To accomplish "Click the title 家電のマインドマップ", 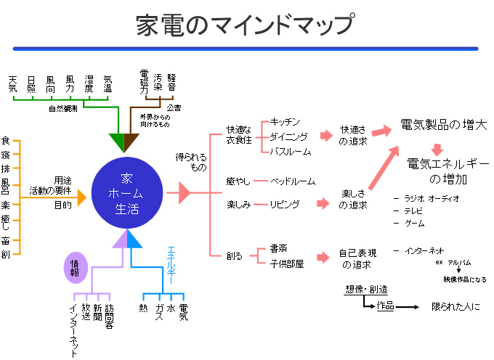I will (x=246, y=26).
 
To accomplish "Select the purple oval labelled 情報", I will (x=76, y=269).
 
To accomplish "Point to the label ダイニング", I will (x=288, y=136).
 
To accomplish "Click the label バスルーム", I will (x=290, y=152).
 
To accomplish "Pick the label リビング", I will (x=284, y=205).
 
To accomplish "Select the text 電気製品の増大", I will (x=444, y=126).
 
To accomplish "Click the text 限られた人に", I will (x=455, y=307).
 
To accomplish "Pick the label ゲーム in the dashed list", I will (x=414, y=224).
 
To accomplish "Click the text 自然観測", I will (x=63, y=109).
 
